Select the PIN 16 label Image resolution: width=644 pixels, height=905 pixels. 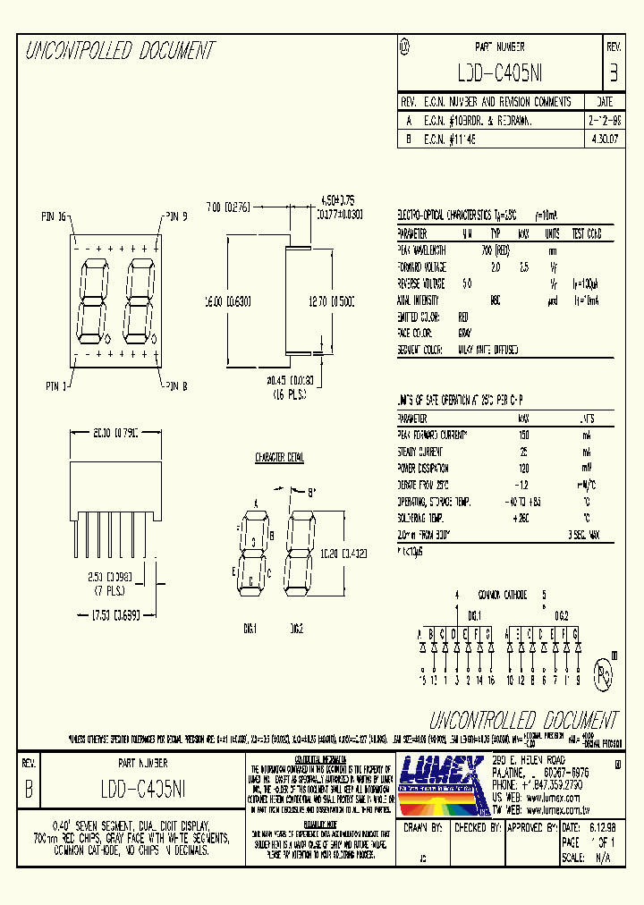tap(55, 216)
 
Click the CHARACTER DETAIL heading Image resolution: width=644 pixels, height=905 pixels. tap(280, 457)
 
